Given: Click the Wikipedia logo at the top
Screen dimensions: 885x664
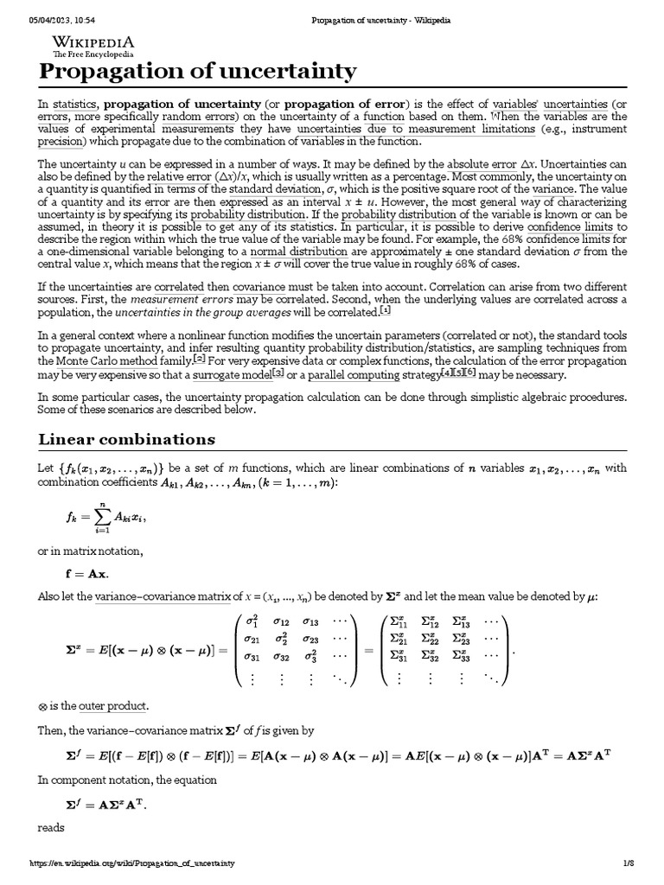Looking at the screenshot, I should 93,44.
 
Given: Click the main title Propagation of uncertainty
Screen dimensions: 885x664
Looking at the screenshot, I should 197,72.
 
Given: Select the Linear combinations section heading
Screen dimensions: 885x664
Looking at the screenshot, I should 126,439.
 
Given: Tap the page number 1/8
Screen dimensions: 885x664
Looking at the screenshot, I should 629,863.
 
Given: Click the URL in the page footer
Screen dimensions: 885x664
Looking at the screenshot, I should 132,863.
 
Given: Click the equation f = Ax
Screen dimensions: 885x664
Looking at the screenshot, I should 87,573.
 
